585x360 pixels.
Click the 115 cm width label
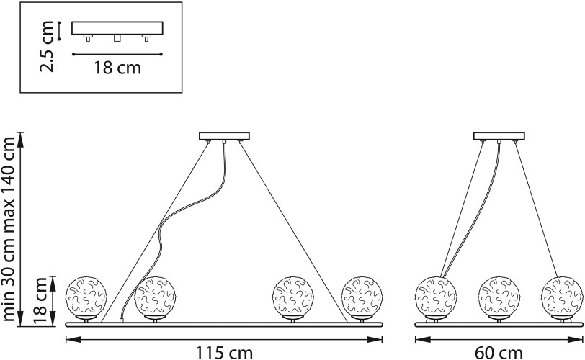pos(224,352)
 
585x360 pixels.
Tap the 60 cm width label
pos(499,352)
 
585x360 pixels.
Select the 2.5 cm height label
pos(48,46)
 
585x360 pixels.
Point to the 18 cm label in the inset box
pos(117,68)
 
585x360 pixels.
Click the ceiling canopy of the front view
pos(224,136)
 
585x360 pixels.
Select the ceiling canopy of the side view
pos(499,136)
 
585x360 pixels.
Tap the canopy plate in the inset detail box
pos(117,28)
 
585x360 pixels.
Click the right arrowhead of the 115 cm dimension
pos(375,339)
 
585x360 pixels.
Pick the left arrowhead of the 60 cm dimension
pos(423,339)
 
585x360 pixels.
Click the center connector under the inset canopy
pos(117,37)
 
